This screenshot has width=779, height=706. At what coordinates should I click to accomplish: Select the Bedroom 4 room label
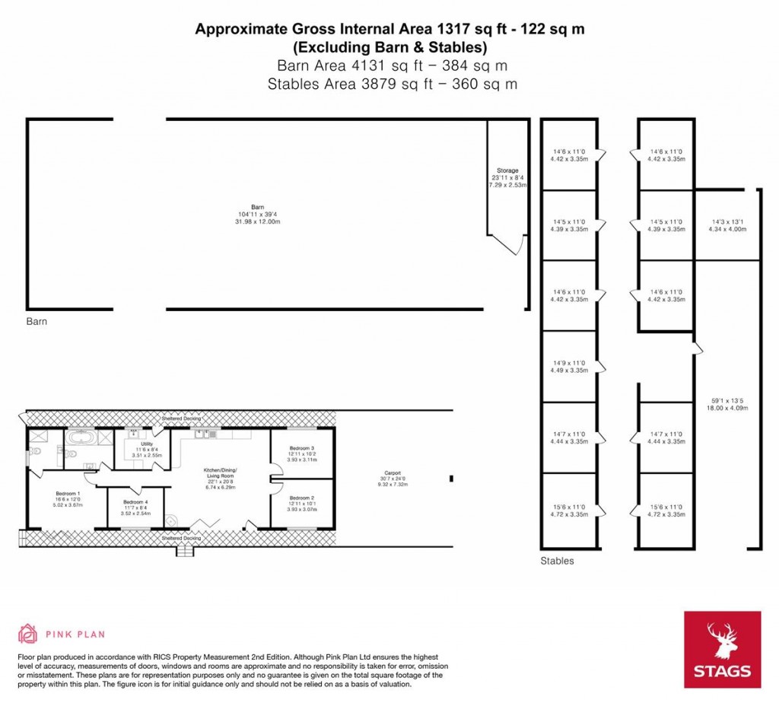tap(136, 503)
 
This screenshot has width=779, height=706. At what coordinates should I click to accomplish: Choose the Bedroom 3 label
tap(302, 449)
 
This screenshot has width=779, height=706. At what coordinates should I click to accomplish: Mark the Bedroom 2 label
tap(302, 498)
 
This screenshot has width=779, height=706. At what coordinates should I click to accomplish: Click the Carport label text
tap(392, 472)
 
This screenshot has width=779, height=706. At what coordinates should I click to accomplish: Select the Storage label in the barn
tap(507, 170)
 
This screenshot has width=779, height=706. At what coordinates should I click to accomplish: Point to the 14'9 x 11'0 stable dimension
tap(569, 364)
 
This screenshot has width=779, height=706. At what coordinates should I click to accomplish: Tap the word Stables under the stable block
tap(557, 561)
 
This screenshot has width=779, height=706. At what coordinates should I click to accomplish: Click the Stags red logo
tap(723, 649)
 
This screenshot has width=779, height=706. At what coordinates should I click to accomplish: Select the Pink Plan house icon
tap(28, 633)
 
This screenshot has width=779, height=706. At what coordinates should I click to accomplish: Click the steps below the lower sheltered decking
tap(183, 550)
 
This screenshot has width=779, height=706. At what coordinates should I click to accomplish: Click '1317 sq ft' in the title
tap(468, 30)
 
